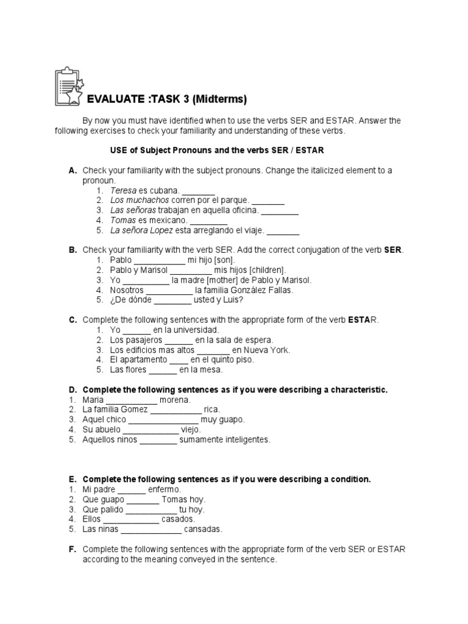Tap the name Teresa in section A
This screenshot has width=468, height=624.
124,190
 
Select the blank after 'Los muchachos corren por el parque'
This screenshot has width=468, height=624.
268,200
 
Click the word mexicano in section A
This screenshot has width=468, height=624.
167,221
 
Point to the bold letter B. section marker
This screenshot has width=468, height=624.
73,250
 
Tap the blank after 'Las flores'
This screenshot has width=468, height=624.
163,370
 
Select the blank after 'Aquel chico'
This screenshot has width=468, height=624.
163,420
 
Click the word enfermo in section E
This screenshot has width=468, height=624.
165,489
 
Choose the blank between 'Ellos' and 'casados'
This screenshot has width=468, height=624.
131,519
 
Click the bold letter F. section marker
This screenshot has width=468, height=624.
73,549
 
